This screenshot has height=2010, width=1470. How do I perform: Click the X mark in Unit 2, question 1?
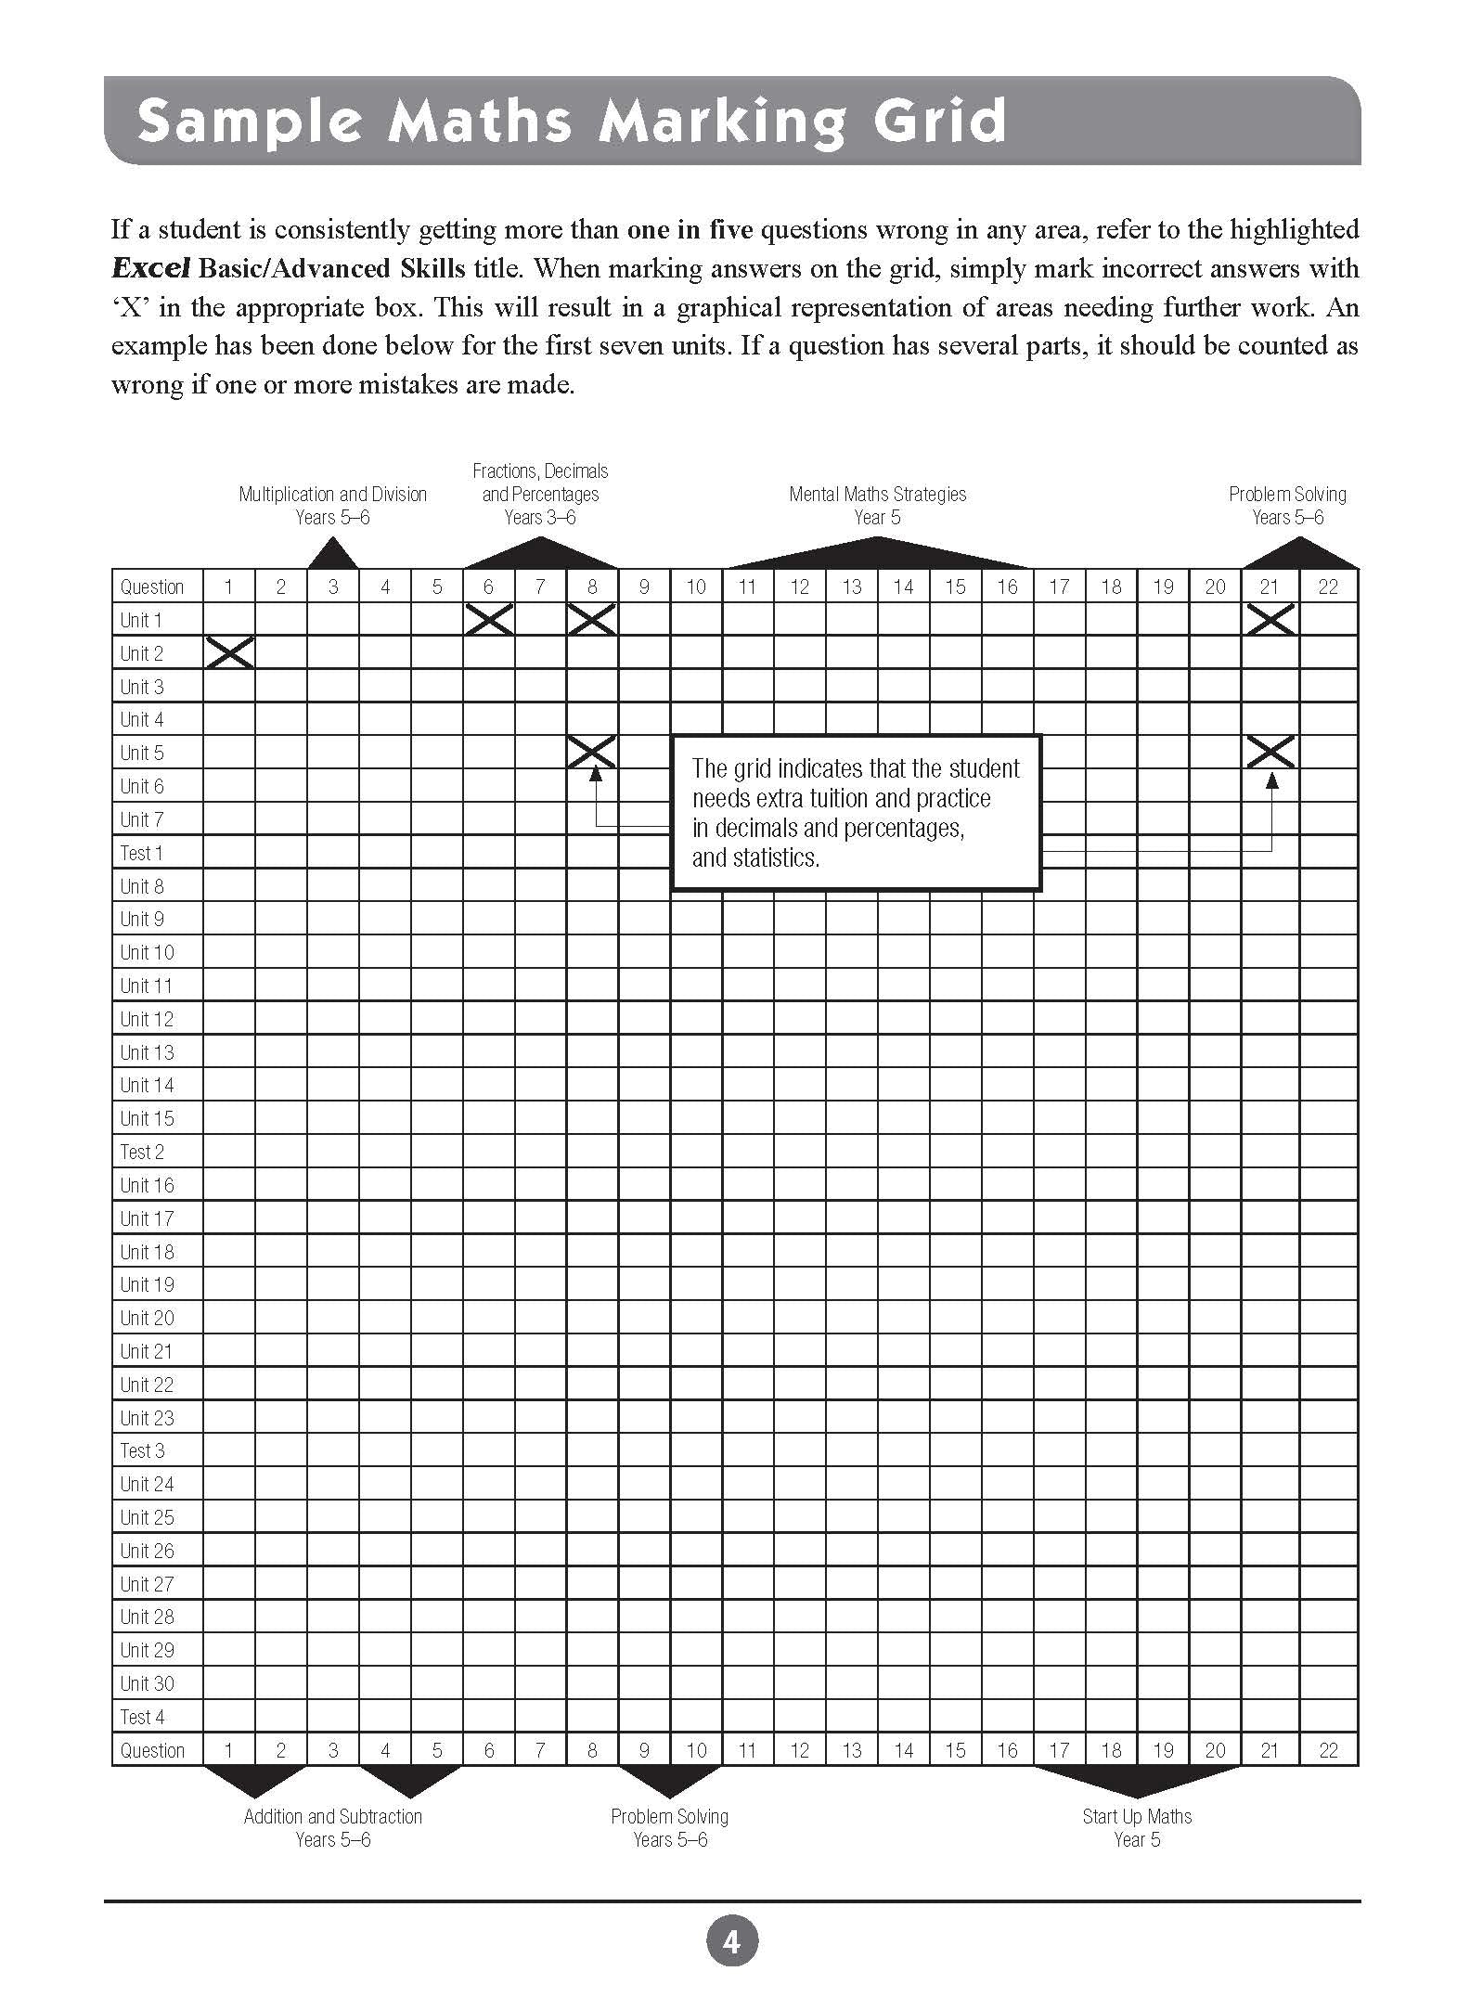click(230, 653)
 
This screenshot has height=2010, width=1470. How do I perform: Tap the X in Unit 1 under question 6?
click(489, 619)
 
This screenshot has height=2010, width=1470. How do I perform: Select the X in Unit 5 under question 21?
click(1270, 752)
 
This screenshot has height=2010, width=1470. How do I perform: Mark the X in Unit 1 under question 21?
click(1270, 619)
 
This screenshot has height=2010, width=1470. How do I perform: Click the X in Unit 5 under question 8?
click(592, 752)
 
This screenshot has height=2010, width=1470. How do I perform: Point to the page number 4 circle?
click(732, 1940)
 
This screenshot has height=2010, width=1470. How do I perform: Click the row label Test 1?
click(142, 853)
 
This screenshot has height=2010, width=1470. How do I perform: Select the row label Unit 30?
click(147, 1683)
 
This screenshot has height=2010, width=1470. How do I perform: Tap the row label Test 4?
click(142, 1717)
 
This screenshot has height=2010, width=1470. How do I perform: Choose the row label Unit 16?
click(147, 1185)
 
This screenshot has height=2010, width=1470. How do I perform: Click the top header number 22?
click(1328, 586)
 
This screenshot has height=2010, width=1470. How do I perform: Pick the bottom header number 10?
click(696, 1750)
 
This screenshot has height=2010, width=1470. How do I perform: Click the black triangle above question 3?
click(332, 554)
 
